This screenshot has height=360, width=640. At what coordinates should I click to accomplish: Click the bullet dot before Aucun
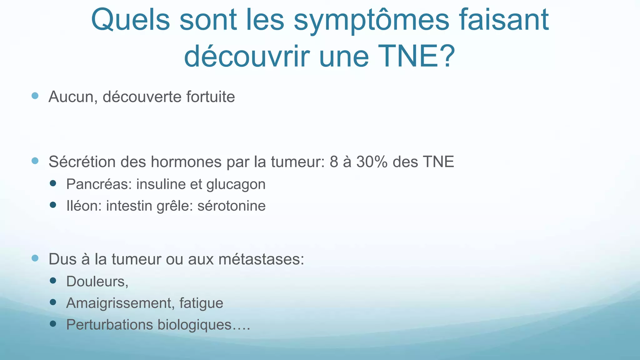pos(35,96)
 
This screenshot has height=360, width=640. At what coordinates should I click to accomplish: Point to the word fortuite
pos(211,97)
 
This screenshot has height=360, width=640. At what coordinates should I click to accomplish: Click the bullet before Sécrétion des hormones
pos(35,161)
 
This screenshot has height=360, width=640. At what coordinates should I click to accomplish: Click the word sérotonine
pos(232,206)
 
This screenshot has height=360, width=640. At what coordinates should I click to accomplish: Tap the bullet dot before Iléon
pos(53,205)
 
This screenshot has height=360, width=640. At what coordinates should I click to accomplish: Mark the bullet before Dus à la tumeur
pos(35,258)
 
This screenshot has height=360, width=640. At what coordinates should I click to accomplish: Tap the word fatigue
pos(201,303)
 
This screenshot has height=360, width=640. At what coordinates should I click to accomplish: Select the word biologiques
pos(194,325)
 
